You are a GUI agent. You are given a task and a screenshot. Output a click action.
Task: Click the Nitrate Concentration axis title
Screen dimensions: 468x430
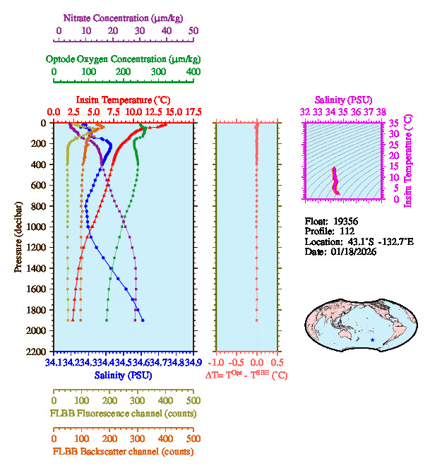[125, 17]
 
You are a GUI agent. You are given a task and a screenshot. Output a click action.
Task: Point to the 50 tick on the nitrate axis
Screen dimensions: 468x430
[193, 31]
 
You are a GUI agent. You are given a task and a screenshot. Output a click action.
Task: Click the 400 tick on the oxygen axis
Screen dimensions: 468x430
[193, 72]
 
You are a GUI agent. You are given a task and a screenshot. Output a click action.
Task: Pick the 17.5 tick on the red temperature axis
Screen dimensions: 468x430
[193, 112]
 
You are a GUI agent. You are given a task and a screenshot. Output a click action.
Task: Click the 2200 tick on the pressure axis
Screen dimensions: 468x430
[37, 352]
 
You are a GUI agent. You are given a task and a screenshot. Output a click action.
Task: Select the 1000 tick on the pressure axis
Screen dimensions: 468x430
[37, 227]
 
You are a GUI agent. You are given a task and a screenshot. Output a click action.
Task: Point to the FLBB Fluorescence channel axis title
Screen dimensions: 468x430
[123, 413]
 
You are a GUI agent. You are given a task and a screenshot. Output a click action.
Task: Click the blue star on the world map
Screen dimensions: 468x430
[372, 340]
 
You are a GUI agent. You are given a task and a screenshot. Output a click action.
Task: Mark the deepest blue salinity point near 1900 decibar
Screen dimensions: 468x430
[143, 320]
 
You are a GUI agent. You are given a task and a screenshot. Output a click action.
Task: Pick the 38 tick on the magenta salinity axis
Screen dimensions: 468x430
[381, 112]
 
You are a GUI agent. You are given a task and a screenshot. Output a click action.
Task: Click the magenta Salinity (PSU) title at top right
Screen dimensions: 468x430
[343, 100]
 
